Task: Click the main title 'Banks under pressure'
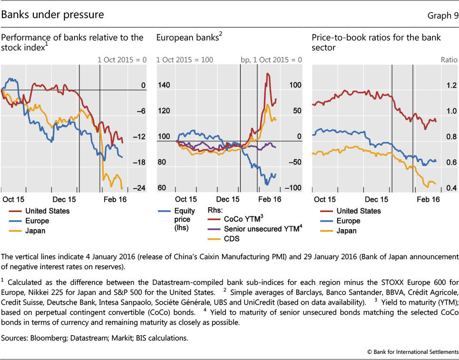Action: point(53,15)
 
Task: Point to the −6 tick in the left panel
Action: point(141,111)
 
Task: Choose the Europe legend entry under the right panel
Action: point(348,221)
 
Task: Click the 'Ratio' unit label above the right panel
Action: point(448,60)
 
